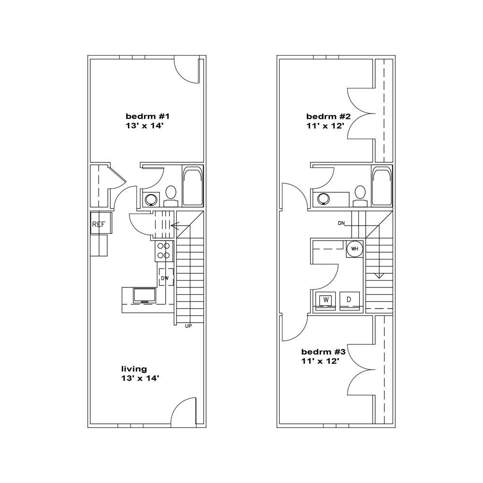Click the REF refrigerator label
(99, 225)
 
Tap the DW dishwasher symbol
(166, 277)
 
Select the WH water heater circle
(355, 249)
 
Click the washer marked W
(326, 300)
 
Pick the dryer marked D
(349, 300)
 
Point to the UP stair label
(188, 326)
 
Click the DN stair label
(341, 223)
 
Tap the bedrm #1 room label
(147, 116)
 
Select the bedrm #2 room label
(328, 116)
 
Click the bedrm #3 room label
(324, 352)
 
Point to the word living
(134, 369)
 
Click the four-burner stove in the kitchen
(163, 250)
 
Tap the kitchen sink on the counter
(144, 296)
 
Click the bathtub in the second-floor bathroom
(382, 186)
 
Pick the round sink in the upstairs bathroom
(324, 199)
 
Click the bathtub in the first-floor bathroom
(193, 186)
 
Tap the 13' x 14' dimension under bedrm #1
(144, 126)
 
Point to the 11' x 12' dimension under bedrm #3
(320, 361)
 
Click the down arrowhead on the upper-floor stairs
(379, 276)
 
